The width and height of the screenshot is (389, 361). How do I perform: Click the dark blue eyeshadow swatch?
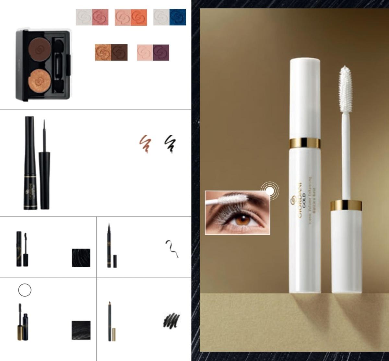(x=178, y=17)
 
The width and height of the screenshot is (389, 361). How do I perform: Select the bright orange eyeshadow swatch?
(x=139, y=17)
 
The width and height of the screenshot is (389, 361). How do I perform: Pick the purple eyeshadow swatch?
(x=161, y=52)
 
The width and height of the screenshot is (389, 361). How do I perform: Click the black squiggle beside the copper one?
(x=170, y=144)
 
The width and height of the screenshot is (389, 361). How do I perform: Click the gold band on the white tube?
(x=305, y=143)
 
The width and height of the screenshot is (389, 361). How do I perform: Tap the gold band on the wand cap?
(x=346, y=205)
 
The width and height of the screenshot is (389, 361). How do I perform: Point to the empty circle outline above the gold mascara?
(x=25, y=290)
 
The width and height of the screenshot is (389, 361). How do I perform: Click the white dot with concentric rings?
(x=270, y=191)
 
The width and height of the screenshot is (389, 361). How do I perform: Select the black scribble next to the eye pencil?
(x=171, y=320)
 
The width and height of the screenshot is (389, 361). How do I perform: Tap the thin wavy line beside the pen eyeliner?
(x=172, y=248)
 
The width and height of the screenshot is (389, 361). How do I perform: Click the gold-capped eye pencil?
(x=110, y=321)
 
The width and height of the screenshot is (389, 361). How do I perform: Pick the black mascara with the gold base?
(x=22, y=322)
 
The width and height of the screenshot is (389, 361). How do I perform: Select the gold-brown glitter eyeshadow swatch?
(x=103, y=52)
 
